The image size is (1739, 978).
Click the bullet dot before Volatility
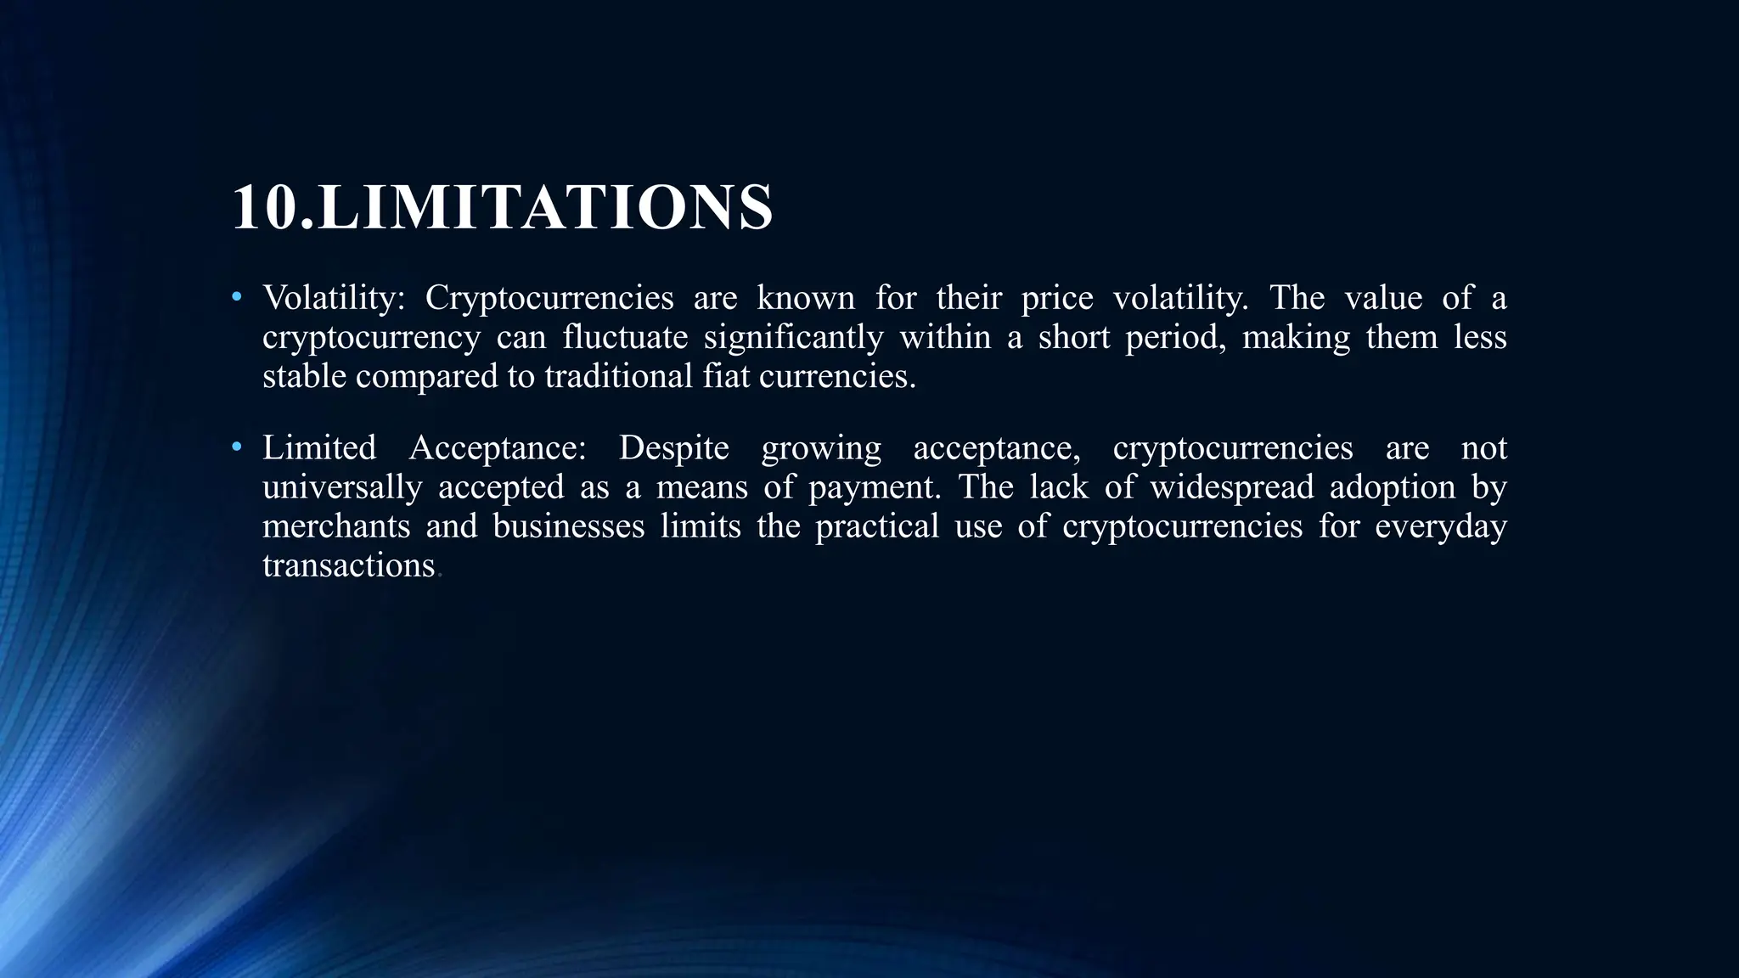237,297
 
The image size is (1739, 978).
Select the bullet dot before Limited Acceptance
237,447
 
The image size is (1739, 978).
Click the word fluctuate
625,337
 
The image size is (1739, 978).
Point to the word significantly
793,337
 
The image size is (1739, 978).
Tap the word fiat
726,376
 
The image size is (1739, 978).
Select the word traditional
618,376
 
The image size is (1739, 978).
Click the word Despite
673,447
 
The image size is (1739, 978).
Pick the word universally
341,487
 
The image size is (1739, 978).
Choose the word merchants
336,526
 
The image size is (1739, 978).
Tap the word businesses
569,526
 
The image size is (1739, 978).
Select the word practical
877,526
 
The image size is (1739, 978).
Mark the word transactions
348,565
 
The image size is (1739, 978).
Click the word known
805,298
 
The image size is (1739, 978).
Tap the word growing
821,448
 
